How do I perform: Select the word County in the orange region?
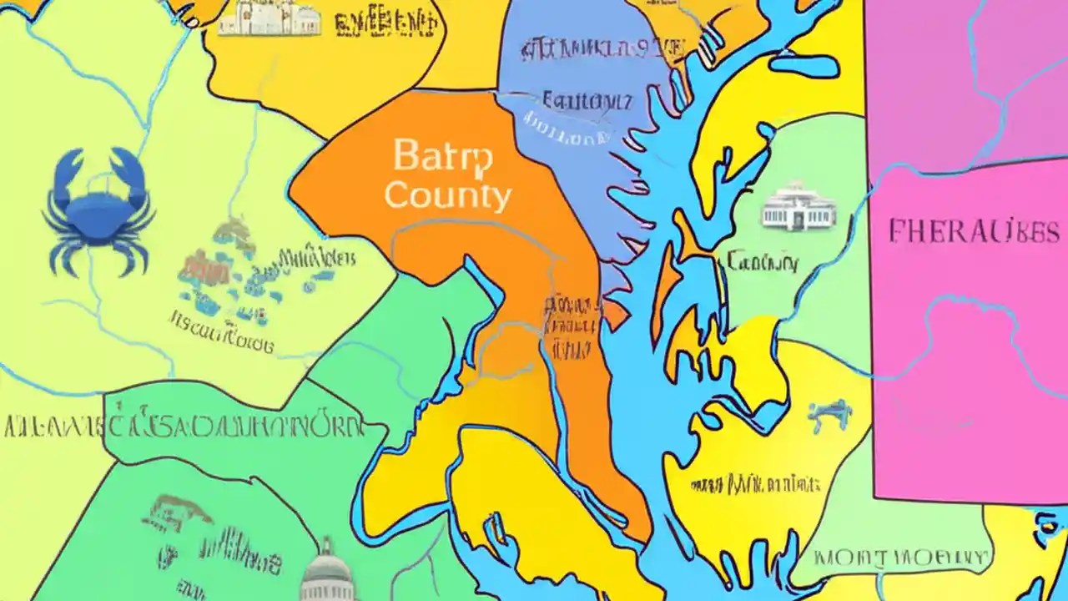coord(448,196)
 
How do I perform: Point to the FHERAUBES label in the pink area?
coord(973,231)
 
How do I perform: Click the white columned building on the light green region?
coord(798,206)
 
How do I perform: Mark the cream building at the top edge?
coord(269,20)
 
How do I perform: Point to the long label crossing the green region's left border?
coord(184,427)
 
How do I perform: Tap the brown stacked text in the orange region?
coord(571,326)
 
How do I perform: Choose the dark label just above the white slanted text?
coord(587,102)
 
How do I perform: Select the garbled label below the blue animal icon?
coord(756,483)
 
